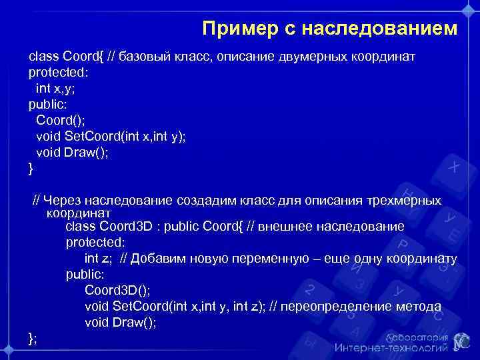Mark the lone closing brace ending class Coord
(31, 169)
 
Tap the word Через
(63, 200)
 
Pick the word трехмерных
(406, 200)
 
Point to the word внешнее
(277, 227)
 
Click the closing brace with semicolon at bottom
(33, 337)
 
